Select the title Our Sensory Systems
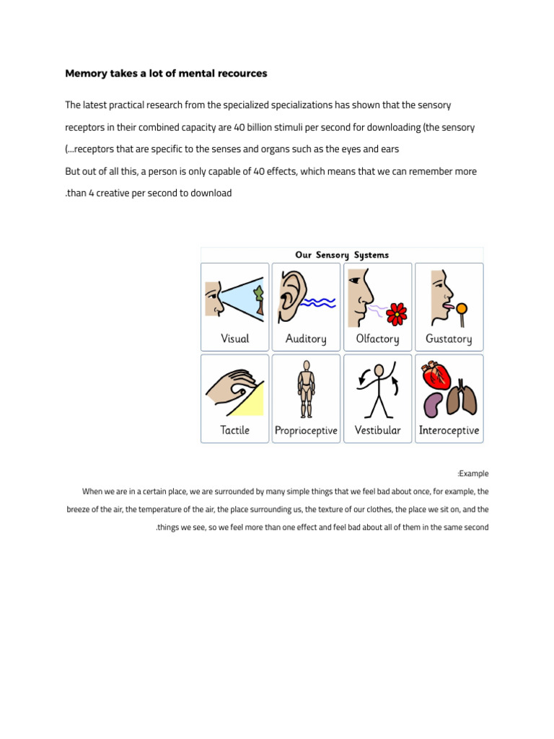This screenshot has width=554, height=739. click(x=342, y=255)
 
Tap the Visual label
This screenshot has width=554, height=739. click(x=234, y=338)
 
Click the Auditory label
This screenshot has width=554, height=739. click(x=306, y=338)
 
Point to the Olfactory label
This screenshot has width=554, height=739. click(x=377, y=338)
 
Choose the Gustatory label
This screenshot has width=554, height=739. click(x=449, y=338)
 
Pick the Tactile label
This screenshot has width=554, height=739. click(x=234, y=430)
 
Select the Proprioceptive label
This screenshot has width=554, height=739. click(x=306, y=431)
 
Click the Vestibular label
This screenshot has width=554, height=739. click(x=377, y=430)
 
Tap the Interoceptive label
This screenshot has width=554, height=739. click(x=449, y=430)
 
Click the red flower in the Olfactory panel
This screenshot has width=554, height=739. click(x=397, y=313)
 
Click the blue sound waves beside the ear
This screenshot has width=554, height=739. click(x=318, y=302)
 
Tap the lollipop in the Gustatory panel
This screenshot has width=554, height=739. click(x=462, y=310)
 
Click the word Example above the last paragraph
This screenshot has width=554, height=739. click(x=474, y=474)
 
